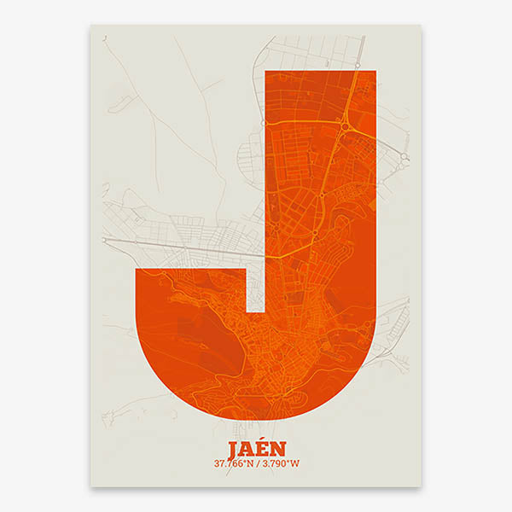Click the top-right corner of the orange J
tap(376, 72)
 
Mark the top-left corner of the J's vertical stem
tap(266, 72)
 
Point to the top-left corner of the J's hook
tap(137, 268)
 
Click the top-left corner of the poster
tap(90, 25)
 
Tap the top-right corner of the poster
tap(422, 25)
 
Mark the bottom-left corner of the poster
tap(90, 487)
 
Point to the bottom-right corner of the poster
tap(422, 487)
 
